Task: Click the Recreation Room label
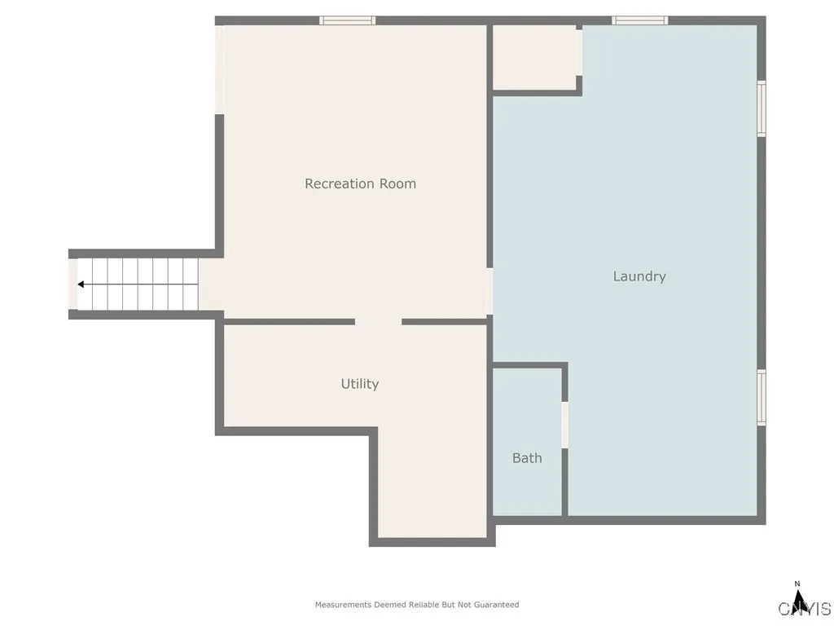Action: [360, 184]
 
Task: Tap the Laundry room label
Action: [639, 276]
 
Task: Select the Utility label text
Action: [360, 384]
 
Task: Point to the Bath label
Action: [527, 458]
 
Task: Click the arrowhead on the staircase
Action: [81, 284]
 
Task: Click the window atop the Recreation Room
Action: [348, 20]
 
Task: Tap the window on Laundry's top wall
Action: [640, 20]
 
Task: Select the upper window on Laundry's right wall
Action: [762, 108]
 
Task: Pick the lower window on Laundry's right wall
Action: [762, 398]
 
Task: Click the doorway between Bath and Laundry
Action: [564, 424]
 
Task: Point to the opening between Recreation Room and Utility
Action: [378, 321]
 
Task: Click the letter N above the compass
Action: [798, 584]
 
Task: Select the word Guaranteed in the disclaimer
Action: [497, 605]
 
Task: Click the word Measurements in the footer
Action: [344, 605]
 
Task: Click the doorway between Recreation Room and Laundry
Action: [489, 291]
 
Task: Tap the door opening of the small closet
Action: [579, 53]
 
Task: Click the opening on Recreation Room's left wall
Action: [219, 70]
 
